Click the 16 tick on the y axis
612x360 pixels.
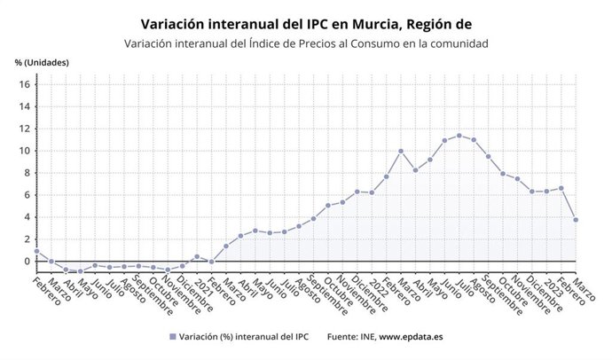24,84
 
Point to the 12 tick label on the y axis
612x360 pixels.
24,129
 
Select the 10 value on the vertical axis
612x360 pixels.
24,151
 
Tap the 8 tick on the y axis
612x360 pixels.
27,173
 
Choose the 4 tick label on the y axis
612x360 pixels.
27,217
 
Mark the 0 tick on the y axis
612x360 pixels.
27,262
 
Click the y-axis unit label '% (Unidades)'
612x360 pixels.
42,62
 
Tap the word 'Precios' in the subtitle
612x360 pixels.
307,43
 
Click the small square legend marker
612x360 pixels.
171,337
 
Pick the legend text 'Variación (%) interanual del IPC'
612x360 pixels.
243,337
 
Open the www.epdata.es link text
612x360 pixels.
412,337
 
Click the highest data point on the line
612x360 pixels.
459,136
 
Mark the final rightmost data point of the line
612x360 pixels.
576,220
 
